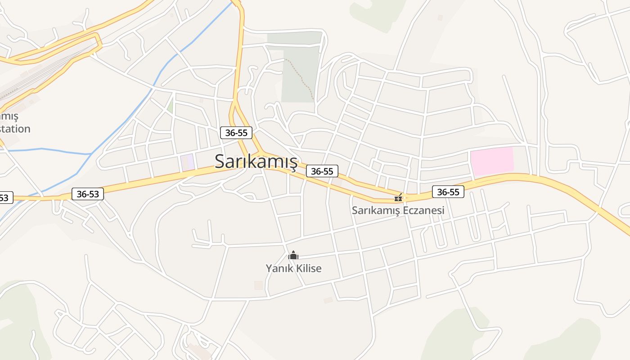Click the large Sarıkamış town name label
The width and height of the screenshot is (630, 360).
point(256,161)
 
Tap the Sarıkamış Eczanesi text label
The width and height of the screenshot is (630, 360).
point(398,210)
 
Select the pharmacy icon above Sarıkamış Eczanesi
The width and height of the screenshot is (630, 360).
point(398,198)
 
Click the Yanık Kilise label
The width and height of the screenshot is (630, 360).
point(293,269)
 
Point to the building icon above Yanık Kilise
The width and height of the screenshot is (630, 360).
point(293,256)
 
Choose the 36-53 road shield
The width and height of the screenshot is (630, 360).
point(88,194)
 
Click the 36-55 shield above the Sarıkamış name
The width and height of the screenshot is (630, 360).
point(236,133)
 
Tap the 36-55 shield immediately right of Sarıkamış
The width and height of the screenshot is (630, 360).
point(322,171)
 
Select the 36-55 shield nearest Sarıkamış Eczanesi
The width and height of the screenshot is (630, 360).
point(448,192)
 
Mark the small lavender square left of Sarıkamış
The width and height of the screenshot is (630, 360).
point(188,162)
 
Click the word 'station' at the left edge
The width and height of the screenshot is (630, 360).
point(14,129)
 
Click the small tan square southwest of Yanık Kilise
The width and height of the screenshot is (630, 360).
point(258,285)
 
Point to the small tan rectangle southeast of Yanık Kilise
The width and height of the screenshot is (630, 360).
point(328,300)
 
